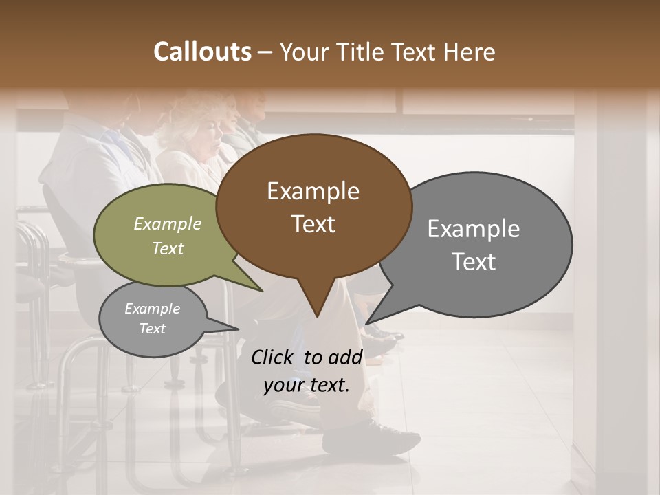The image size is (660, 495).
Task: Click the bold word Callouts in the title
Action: pyautogui.click(x=202, y=52)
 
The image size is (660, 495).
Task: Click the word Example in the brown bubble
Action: pyautogui.click(x=313, y=191)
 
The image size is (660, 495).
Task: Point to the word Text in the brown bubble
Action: pyautogui.click(x=313, y=224)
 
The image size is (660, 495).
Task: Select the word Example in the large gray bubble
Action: pyautogui.click(x=473, y=229)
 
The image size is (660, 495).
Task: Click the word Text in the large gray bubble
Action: pyautogui.click(x=473, y=262)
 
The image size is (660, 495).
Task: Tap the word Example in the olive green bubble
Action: pyautogui.click(x=168, y=223)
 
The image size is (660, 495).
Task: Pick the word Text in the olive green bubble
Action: pyautogui.click(x=168, y=248)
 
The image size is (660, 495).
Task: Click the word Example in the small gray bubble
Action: pyautogui.click(x=152, y=309)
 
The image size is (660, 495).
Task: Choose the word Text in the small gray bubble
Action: pyautogui.click(x=152, y=329)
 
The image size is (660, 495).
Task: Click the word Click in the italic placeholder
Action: pyautogui.click(x=274, y=357)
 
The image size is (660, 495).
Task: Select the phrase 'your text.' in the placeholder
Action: pyautogui.click(x=307, y=386)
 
